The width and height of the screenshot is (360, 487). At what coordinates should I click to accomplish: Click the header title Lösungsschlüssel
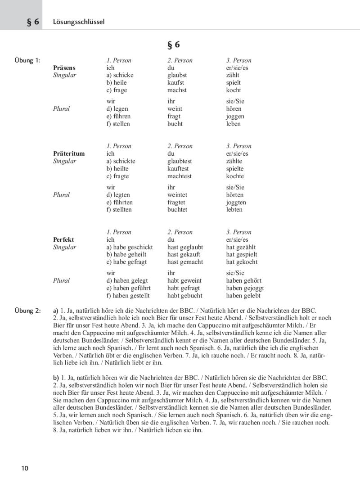tap(79, 22)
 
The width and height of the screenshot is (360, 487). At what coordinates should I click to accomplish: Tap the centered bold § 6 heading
tap(174, 45)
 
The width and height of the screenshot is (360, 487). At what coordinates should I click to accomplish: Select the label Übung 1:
tap(27, 60)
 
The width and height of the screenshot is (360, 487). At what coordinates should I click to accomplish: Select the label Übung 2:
tap(27, 310)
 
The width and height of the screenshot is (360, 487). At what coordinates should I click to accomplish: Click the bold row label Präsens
tap(64, 68)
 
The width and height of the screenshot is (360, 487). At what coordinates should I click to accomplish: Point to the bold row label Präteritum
tap(69, 153)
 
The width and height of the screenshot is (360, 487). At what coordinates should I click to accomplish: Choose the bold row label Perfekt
tap(63, 239)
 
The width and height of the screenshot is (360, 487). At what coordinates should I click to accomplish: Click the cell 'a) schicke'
tap(120, 75)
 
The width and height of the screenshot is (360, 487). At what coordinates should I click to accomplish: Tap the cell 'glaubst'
tap(177, 75)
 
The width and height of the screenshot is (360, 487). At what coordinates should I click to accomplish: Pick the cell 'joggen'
tap(236, 116)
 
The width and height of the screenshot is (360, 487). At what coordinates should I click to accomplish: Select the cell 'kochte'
tap(235, 176)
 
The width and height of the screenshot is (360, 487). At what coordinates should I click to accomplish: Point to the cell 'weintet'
tap(177, 195)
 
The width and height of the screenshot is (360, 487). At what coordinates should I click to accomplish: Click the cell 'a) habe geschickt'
tap(130, 247)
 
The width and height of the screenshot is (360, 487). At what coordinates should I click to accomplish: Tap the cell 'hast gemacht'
tap(185, 262)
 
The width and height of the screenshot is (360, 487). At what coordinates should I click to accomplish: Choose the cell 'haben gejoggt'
tap(245, 288)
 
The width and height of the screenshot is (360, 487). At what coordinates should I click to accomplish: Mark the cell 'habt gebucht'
tap(184, 296)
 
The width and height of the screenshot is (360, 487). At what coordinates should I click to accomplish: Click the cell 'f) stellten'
tap(119, 209)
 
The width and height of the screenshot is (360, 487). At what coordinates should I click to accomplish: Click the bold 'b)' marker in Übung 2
tap(56, 377)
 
